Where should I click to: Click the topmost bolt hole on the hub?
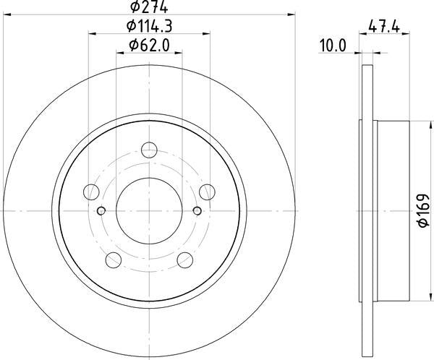tap(149, 150)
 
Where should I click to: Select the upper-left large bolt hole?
tap(92, 192)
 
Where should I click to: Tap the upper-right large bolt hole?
tap(207, 192)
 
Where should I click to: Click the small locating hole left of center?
tap(101, 211)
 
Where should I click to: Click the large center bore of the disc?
tap(149, 210)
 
